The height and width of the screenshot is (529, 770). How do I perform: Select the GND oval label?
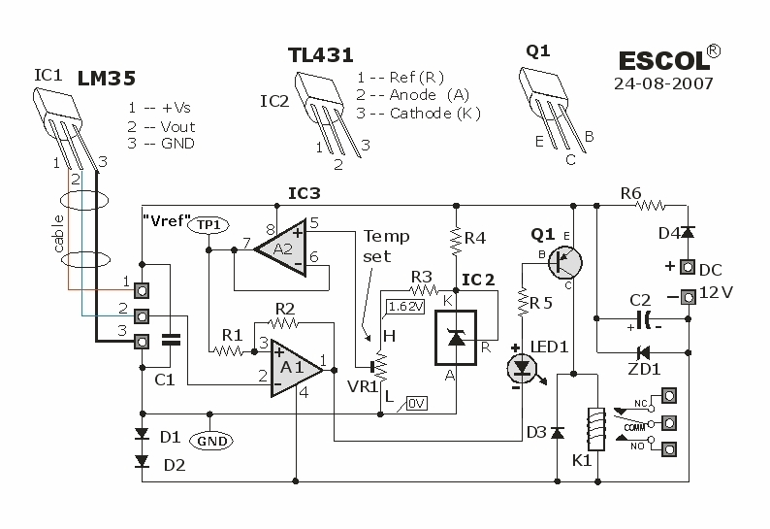[x=212, y=441]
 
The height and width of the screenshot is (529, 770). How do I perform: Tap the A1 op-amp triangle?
[x=295, y=368]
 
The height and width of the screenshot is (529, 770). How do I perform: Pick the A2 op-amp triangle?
[x=275, y=249]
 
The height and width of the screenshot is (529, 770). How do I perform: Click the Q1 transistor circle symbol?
[x=565, y=261]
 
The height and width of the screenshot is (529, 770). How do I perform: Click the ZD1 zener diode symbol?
[x=641, y=351]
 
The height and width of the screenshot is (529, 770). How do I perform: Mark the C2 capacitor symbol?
[x=642, y=318]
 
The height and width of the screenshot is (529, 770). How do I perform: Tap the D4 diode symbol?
[x=688, y=233]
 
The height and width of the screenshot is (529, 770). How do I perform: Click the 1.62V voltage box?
[x=403, y=306]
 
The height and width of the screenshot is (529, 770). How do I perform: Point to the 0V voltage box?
[x=417, y=403]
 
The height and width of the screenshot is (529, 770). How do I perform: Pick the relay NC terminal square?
[x=669, y=396]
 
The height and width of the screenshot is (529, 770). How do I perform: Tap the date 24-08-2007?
[x=663, y=83]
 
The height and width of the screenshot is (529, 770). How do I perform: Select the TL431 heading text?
[x=321, y=56]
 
